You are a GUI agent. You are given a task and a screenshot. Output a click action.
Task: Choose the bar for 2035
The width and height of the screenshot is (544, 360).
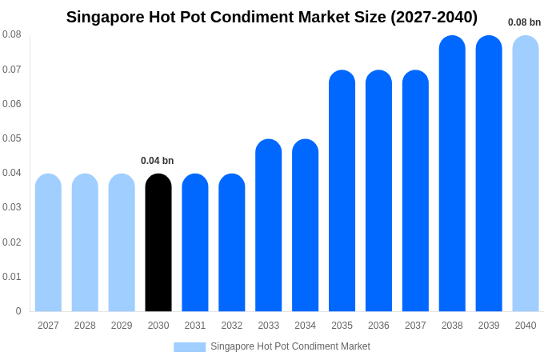(x=342, y=191)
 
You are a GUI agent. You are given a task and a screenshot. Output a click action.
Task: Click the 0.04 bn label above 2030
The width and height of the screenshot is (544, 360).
(x=157, y=161)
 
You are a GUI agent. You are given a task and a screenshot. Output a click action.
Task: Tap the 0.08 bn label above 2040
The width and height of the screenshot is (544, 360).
(x=524, y=22)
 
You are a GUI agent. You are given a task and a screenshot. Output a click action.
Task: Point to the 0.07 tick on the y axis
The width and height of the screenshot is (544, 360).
(x=12, y=70)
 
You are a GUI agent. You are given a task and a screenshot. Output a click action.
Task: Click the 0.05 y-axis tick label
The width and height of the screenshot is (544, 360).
(x=12, y=138)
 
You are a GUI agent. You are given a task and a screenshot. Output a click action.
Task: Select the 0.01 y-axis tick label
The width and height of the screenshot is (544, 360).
(x=12, y=277)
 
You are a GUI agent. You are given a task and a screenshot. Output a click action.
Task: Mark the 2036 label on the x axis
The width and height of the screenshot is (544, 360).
(x=378, y=326)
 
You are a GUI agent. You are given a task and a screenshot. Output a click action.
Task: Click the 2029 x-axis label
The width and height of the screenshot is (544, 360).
(x=122, y=326)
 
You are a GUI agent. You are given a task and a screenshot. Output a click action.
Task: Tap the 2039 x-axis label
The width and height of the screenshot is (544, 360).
(x=489, y=326)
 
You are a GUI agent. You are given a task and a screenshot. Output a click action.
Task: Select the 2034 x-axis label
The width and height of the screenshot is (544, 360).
(x=305, y=326)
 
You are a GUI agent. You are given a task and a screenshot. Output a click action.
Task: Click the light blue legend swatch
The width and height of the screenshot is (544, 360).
(x=190, y=347)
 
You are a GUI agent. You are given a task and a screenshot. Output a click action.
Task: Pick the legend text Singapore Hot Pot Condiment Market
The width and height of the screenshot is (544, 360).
(x=290, y=346)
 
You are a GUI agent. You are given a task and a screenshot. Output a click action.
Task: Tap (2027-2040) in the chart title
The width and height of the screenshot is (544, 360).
(x=434, y=17)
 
